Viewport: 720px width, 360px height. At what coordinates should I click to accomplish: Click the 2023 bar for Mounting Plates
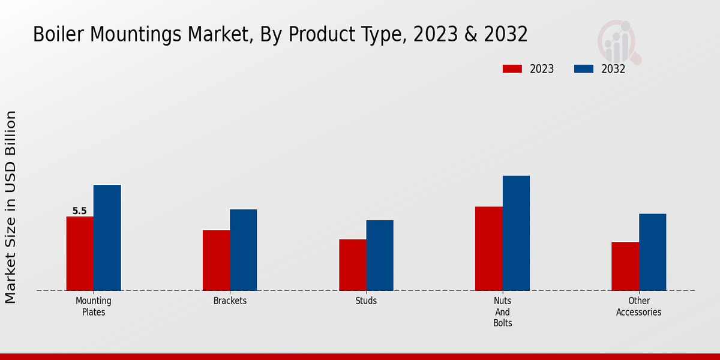pyautogui.click(x=80, y=253)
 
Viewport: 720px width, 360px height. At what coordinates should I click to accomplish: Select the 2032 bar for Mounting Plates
pyautogui.click(x=107, y=238)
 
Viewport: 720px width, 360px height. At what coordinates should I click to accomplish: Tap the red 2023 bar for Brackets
pyautogui.click(x=216, y=260)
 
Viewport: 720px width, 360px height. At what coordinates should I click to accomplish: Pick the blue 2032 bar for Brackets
pyautogui.click(x=243, y=250)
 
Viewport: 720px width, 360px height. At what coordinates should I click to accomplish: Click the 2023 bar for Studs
pyautogui.click(x=352, y=265)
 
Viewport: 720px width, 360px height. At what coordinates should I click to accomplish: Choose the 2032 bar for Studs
pyautogui.click(x=380, y=255)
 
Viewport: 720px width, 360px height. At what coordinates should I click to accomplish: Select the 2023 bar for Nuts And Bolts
pyautogui.click(x=488, y=248)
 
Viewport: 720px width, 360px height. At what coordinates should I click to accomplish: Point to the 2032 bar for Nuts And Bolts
pyautogui.click(x=516, y=233)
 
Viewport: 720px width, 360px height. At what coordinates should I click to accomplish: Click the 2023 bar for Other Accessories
pyautogui.click(x=625, y=266)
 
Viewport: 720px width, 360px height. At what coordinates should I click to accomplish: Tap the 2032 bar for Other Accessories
pyautogui.click(x=652, y=252)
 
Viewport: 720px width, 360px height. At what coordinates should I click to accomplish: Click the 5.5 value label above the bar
pyautogui.click(x=79, y=211)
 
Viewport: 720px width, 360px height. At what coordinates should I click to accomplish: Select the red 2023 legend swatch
pyautogui.click(x=512, y=69)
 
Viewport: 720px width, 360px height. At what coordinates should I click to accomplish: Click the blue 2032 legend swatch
pyautogui.click(x=584, y=69)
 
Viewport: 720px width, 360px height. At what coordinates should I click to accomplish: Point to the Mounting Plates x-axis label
pyautogui.click(x=94, y=306)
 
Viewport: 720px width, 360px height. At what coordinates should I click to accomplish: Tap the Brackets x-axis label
pyautogui.click(x=230, y=301)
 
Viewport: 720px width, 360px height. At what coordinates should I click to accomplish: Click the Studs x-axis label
pyautogui.click(x=366, y=301)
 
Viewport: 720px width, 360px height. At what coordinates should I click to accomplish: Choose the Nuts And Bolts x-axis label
pyautogui.click(x=502, y=311)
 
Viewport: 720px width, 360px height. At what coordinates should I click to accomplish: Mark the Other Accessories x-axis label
pyautogui.click(x=638, y=306)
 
